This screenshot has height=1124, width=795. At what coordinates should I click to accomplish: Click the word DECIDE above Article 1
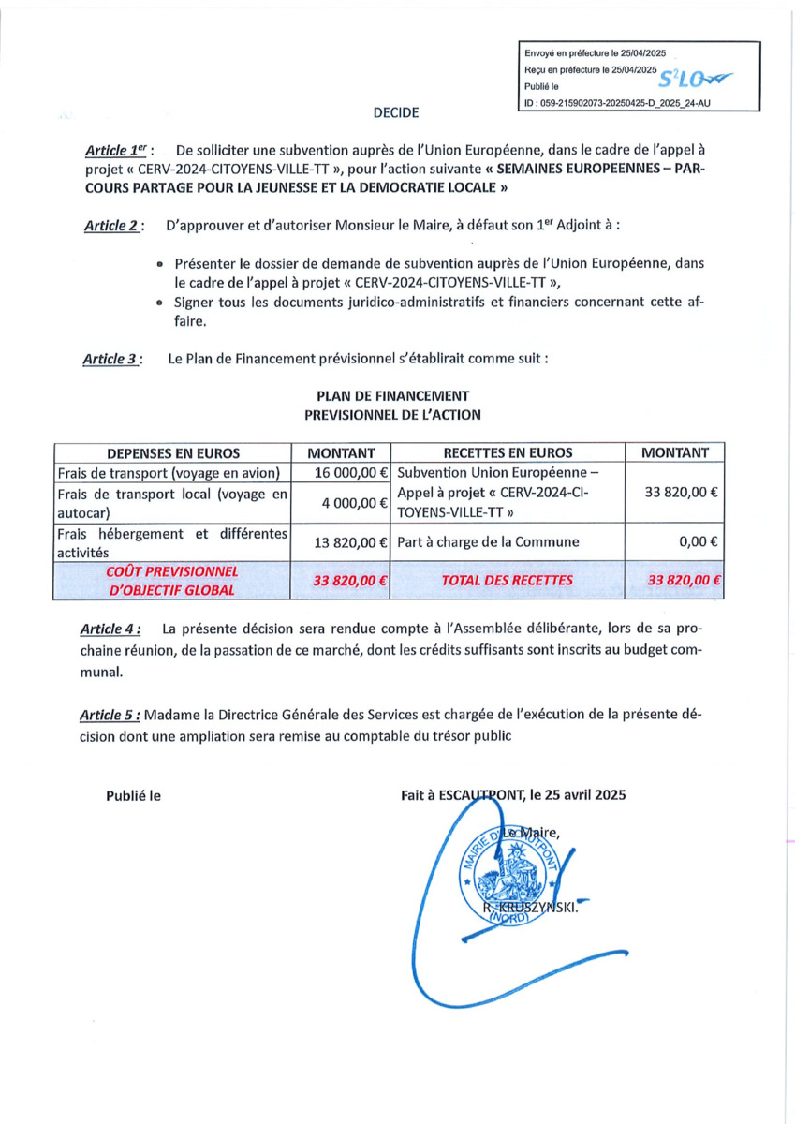(x=396, y=113)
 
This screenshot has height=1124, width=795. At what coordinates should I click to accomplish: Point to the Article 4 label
(x=114, y=629)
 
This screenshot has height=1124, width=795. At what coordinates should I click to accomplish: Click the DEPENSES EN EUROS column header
(x=173, y=452)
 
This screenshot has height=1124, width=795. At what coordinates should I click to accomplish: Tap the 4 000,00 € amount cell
(x=354, y=503)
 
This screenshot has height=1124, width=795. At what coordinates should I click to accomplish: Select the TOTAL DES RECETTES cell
(x=508, y=581)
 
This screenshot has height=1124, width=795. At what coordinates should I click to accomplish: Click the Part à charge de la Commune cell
(x=488, y=541)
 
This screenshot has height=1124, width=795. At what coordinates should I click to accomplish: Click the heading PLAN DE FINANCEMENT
(x=393, y=396)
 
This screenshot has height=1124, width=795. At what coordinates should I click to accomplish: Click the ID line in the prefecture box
(x=618, y=104)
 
